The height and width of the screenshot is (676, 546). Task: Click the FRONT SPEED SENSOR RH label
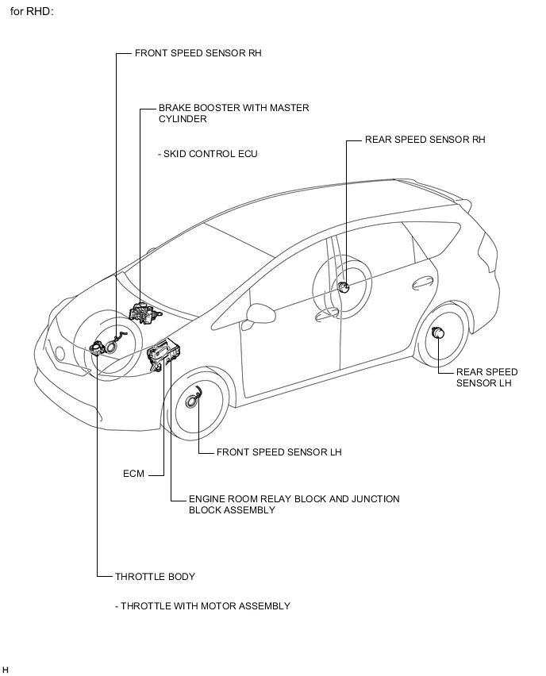[198, 53]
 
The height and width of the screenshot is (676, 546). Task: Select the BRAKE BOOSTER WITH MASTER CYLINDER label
[234, 113]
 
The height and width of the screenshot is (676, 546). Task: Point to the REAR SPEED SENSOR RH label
[425, 140]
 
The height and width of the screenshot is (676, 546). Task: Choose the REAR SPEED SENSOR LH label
[487, 378]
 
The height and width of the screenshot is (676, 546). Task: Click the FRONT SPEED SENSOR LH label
[279, 452]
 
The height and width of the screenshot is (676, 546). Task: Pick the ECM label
[133, 474]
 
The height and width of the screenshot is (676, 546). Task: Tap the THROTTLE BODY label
[156, 577]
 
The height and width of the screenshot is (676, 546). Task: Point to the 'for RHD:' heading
[32, 12]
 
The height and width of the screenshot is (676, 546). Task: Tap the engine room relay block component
[163, 355]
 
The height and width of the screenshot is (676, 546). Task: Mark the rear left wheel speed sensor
[438, 332]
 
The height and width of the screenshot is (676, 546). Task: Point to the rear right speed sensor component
[343, 287]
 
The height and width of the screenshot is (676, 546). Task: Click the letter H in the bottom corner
[6, 669]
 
